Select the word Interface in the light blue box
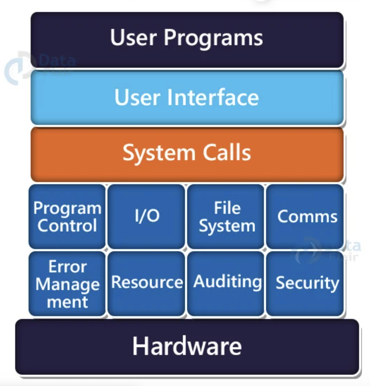coord(213,97)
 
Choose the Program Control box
coord(67,217)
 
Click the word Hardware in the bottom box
coord(187,346)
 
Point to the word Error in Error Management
coord(67,267)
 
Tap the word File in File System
coord(227,208)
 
